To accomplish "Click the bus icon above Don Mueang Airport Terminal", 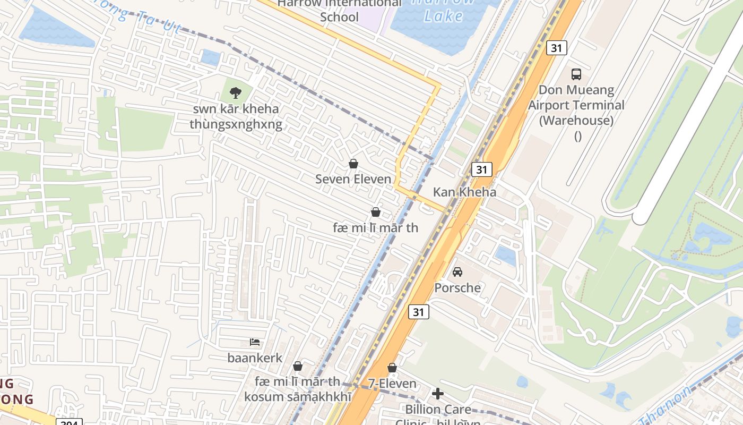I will pos(576,74).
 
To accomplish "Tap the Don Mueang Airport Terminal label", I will pos(576,105).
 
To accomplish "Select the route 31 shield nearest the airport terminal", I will pos(556,48).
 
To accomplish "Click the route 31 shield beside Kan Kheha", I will pos(481,169).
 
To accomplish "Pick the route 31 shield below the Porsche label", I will pos(418,312).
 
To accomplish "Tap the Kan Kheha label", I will pos(464,192).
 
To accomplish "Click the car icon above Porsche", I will pos(457,272).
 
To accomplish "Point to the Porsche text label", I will pos(457,288).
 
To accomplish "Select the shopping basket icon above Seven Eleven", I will pos(353,164).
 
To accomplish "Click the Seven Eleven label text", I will pos(353,180).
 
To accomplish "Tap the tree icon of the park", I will pos(235,93).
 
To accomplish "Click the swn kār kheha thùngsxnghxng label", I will pos(236,117).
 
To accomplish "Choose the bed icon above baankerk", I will pos(255,342).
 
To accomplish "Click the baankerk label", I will pos(255,358).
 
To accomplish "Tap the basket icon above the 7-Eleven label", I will pos(392,368).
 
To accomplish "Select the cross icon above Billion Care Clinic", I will pos(438,394).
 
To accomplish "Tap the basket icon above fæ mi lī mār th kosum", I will pos(298,366).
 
